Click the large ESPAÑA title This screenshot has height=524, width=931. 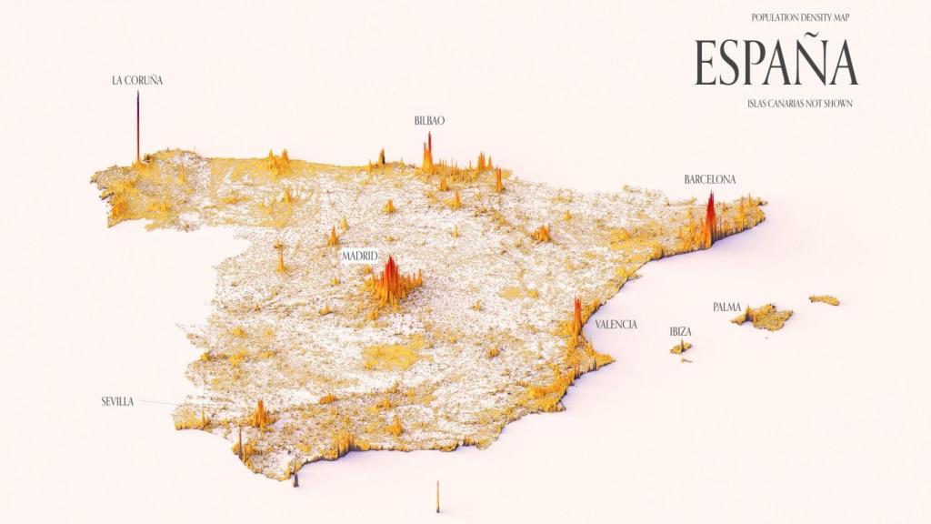coord(776,63)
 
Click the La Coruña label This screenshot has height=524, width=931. coord(137,80)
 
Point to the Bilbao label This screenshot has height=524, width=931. coord(429,120)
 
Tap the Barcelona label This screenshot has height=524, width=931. coord(710,179)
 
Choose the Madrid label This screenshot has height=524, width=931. coord(359,257)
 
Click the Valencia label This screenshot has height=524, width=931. coord(616,324)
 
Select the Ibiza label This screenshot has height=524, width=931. coord(680,331)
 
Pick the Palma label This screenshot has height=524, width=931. coord(726,307)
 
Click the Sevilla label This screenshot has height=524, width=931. coord(117,401)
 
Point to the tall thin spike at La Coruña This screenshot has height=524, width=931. coord(137,127)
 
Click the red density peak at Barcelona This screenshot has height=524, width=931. coord(710,218)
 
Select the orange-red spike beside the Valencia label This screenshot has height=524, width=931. coord(576,317)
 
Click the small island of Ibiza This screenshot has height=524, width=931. coord(681,347)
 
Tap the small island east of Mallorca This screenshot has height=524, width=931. coord(824,299)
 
